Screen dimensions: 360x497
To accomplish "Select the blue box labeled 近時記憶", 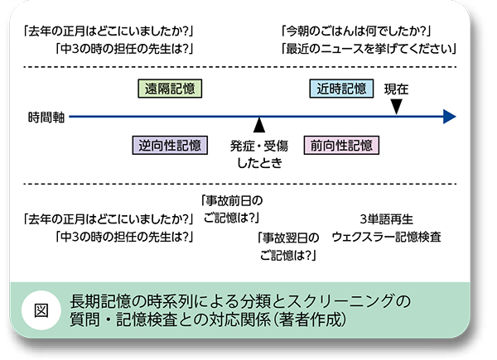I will coord(341,89).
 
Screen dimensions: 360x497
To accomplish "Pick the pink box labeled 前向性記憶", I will coord(341,145).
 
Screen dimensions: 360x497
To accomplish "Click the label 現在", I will coord(397,88).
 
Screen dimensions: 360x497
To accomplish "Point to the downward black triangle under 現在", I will coord(397,106).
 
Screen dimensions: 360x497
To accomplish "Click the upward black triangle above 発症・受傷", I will coord(259,126).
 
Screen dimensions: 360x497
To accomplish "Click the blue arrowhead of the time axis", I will coord(449,117).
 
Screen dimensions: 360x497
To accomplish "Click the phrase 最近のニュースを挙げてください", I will coord(369,50).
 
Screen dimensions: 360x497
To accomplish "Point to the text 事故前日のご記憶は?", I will coord(231,209).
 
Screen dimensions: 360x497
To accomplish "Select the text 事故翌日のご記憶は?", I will coord(288,246).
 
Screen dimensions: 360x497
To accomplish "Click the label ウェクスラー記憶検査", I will coord(386,237).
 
